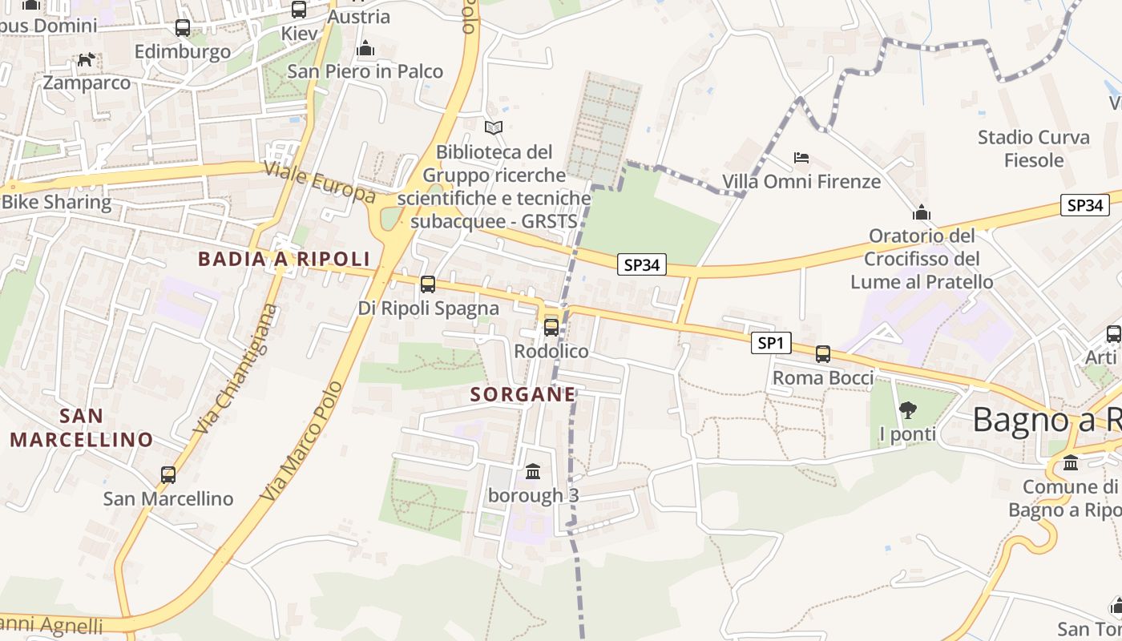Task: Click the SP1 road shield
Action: tap(771, 344)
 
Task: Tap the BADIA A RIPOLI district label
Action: tap(284, 259)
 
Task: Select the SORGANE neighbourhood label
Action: tap(523, 394)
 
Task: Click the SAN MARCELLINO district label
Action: tap(81, 428)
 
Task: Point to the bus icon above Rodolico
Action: tap(551, 327)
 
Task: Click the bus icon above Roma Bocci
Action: tap(823, 353)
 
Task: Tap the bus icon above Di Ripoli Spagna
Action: tap(428, 284)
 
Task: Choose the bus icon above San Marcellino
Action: tap(168, 474)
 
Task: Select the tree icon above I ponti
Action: tap(908, 411)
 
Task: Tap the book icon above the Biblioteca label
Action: tap(494, 127)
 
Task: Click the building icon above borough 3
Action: tap(533, 471)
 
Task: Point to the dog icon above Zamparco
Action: tap(86, 59)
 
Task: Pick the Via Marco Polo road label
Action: tap(302, 441)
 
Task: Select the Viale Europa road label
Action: tap(320, 182)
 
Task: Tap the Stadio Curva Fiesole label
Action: tap(1034, 148)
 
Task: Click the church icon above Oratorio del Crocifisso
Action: tap(922, 212)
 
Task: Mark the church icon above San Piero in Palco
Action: tap(365, 48)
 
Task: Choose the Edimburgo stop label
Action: tap(183, 51)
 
